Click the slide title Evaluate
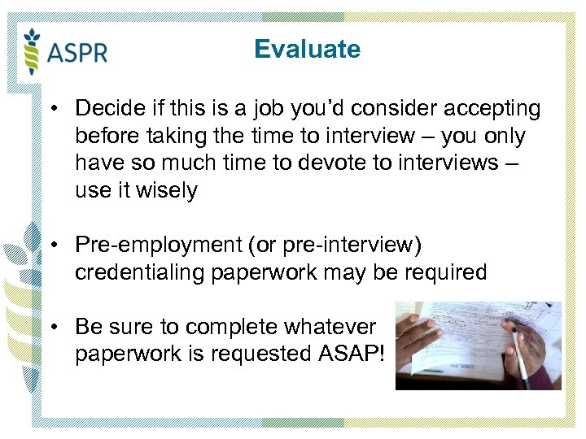pyautogui.click(x=307, y=50)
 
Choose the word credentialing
pyautogui.click(x=140, y=272)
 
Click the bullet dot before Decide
pyautogui.click(x=51, y=109)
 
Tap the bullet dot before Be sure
pyautogui.click(x=51, y=328)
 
